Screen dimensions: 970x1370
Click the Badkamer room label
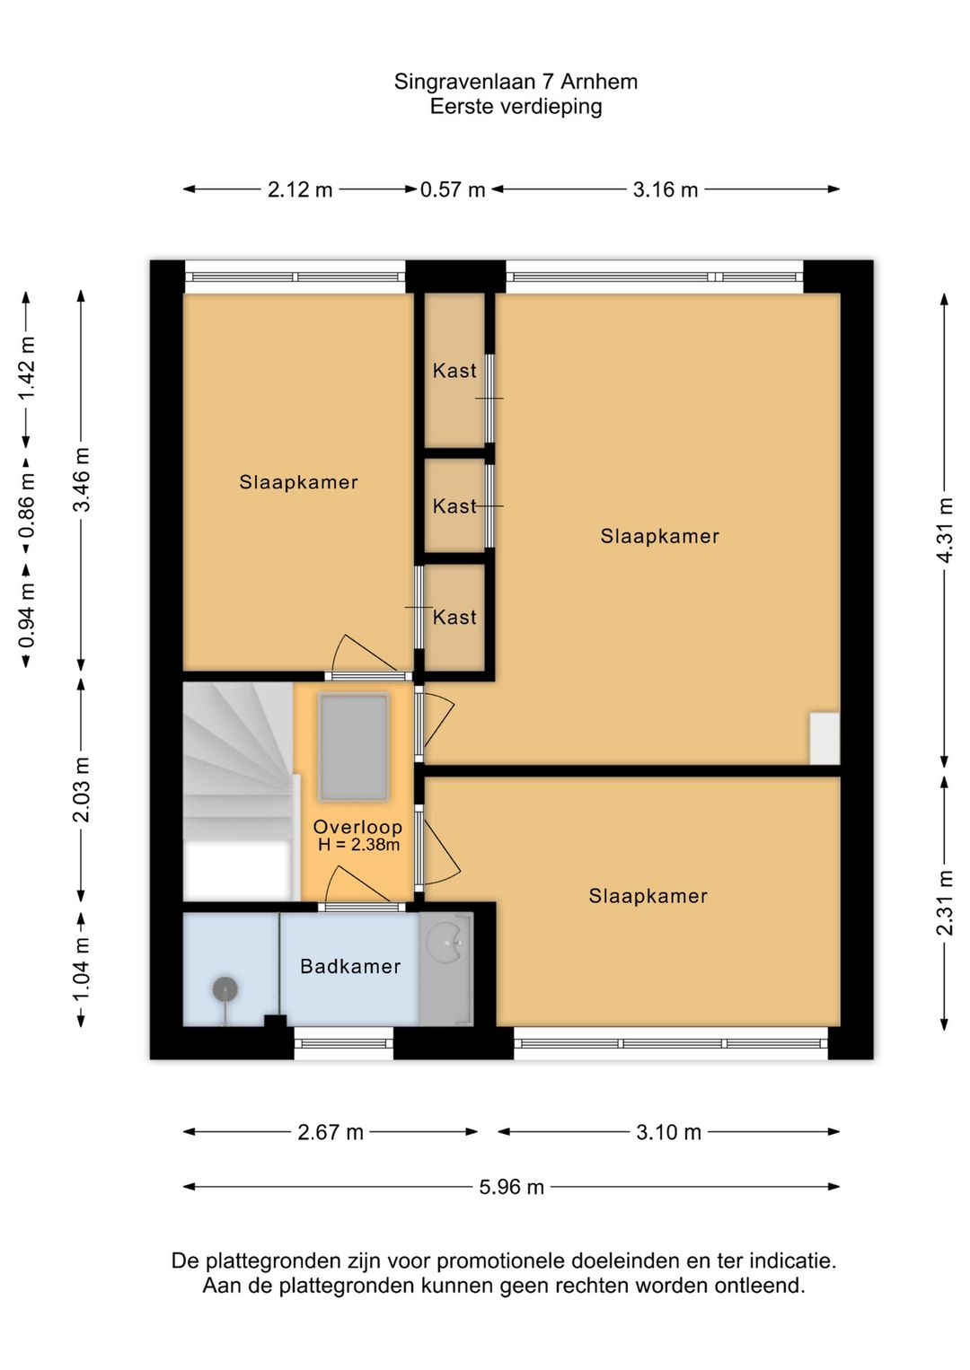(350, 966)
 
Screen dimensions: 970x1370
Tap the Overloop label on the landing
(358, 828)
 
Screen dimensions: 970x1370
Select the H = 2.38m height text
(358, 846)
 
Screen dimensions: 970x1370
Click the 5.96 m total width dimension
(511, 1187)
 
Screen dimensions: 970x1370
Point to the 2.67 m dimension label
(331, 1132)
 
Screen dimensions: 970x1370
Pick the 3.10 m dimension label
(668, 1132)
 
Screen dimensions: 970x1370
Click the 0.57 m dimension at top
(453, 189)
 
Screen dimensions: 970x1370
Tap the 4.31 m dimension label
(945, 531)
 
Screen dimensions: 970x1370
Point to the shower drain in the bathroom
(225, 989)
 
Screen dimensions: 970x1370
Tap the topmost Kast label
(454, 371)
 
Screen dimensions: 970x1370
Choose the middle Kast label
(454, 506)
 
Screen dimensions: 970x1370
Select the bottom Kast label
(454, 617)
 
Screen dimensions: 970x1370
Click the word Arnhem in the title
(599, 82)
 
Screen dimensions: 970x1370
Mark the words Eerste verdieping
(516, 107)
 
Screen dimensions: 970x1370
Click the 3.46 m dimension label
(82, 479)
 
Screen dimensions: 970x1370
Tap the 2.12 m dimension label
(300, 189)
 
